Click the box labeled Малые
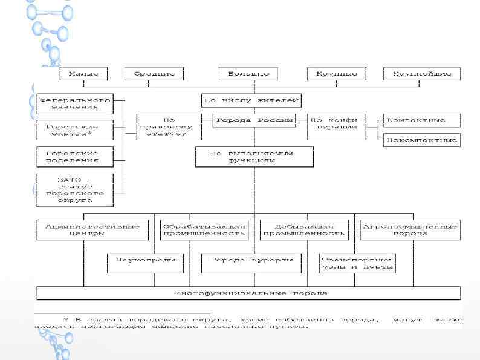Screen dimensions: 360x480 point(83,74)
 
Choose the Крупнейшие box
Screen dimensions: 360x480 point(422,74)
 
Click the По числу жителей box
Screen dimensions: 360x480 point(251,100)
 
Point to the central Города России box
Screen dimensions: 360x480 point(255,120)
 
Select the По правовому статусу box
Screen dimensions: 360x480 point(169,127)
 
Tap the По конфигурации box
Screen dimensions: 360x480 point(337,123)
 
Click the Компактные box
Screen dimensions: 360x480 point(421,120)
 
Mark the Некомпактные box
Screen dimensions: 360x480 point(421,140)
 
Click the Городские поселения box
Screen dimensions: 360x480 point(74,157)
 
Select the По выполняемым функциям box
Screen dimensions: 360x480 point(255,157)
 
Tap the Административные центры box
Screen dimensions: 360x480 point(92,230)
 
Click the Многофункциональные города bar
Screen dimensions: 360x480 point(248,293)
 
